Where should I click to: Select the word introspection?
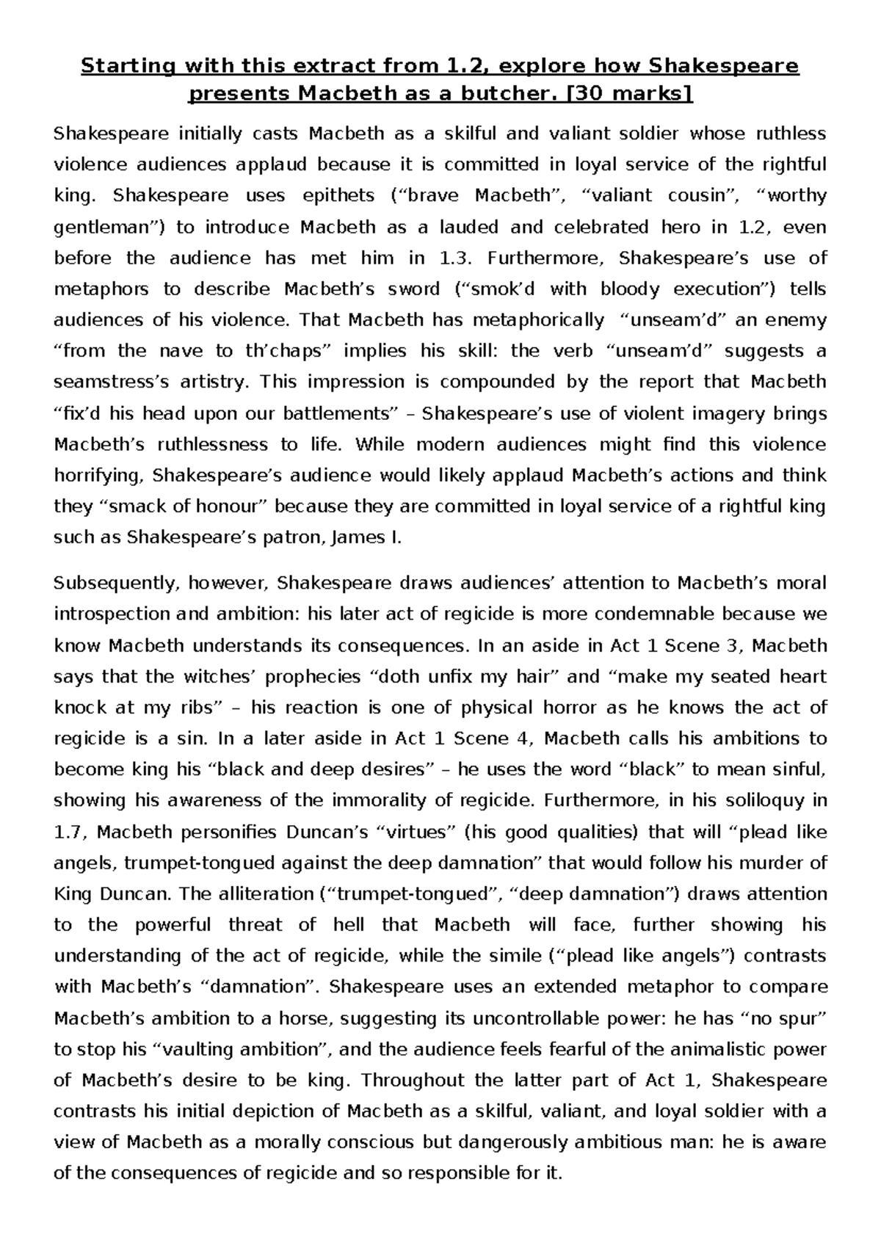[x=114, y=614]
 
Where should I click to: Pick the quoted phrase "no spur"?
[x=786, y=1019]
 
